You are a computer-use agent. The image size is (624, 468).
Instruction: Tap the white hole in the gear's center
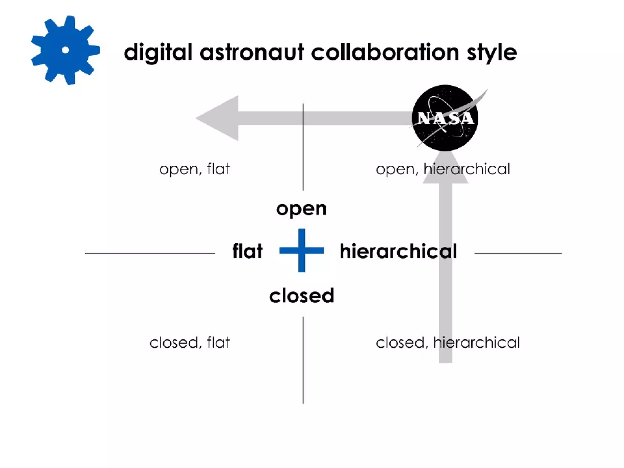tap(65, 50)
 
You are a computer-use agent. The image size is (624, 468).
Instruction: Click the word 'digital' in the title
tap(158, 52)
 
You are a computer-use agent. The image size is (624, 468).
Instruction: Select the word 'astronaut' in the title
tap(252, 52)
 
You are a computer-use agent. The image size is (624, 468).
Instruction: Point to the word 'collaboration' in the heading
tap(385, 52)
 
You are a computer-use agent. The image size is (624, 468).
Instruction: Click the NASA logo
tap(445, 118)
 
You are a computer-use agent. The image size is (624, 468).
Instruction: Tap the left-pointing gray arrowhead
tap(219, 118)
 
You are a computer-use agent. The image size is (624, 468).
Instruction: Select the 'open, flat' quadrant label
tap(194, 169)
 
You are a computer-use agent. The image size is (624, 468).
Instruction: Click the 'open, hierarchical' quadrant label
tap(443, 169)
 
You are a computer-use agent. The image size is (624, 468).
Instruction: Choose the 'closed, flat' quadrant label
tap(190, 342)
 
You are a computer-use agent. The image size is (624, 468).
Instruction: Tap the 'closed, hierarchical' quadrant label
tap(448, 342)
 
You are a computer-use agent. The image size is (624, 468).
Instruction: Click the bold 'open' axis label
tap(301, 209)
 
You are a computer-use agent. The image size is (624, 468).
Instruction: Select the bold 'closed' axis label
tap(302, 296)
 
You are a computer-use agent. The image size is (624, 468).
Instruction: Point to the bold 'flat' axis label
tap(247, 251)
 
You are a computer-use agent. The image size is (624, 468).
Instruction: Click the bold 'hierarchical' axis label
tap(398, 251)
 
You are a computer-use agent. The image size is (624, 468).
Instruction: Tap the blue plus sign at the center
tap(302, 250)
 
